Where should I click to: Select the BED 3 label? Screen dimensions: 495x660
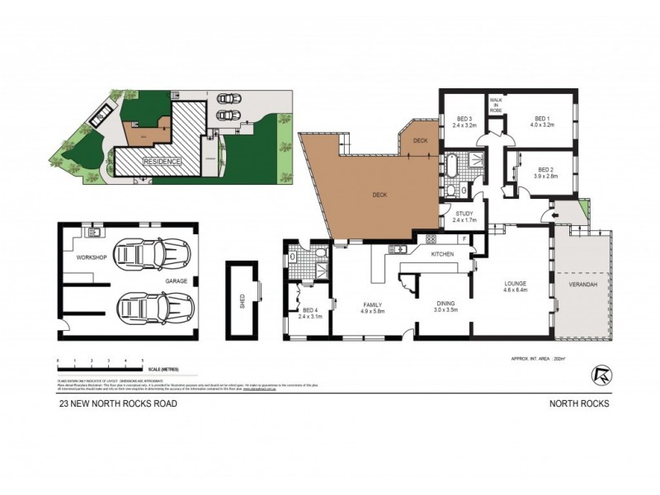(464, 119)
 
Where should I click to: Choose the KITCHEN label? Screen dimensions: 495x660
(443, 254)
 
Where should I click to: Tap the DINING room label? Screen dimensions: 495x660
(446, 303)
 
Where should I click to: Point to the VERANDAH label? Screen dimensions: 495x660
(584, 284)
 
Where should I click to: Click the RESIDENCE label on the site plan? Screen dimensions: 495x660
(162, 162)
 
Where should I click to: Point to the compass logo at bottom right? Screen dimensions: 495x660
(601, 375)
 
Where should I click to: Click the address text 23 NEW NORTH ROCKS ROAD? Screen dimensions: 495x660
(117, 403)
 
